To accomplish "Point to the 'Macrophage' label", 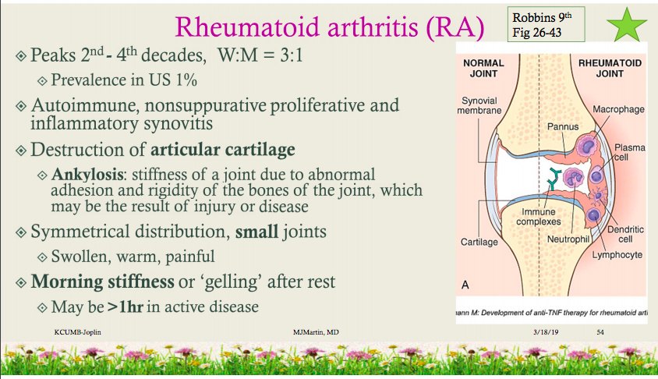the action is (618, 109).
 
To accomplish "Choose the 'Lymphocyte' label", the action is (617, 254).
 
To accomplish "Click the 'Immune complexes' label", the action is (536, 216).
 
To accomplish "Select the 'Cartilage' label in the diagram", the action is (479, 243).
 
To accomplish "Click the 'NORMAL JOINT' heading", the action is (483, 68).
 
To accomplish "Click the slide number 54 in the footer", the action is (600, 333).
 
